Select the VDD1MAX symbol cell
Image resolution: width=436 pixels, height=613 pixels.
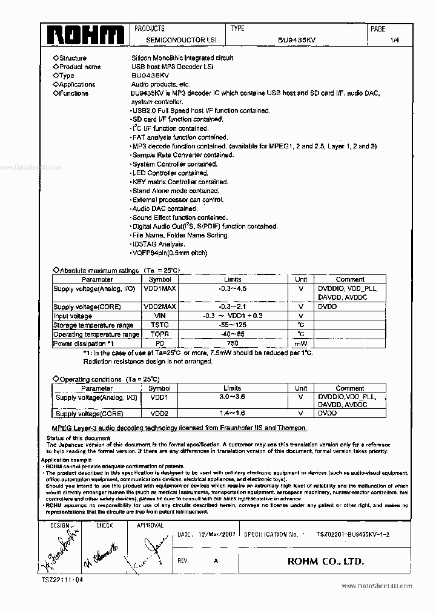159,289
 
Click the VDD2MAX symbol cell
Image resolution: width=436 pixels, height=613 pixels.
159,307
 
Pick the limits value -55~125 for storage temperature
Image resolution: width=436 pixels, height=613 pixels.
233,325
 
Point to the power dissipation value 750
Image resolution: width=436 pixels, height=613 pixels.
233,343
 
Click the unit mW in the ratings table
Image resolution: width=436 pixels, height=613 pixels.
300,343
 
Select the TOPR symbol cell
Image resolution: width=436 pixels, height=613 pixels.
159,334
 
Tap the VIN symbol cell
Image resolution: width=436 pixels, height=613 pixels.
159,316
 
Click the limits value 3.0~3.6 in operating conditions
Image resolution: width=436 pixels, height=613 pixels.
233,397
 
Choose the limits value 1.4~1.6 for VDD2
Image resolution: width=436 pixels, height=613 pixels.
233,414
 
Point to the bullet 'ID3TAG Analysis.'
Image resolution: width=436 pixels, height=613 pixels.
159,244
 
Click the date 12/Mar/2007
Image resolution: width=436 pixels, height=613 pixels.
217,535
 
